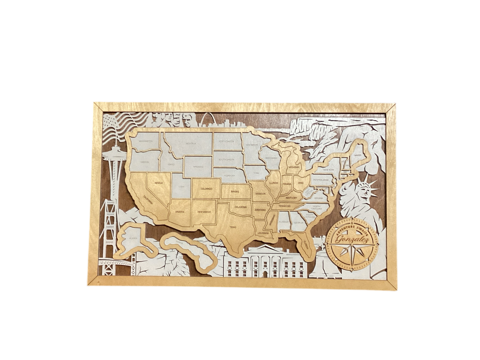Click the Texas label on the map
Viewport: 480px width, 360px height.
pyautogui.click(x=233, y=227)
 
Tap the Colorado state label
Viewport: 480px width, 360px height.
pyautogui.click(x=206, y=189)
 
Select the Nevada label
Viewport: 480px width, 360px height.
pyautogui.click(x=158, y=182)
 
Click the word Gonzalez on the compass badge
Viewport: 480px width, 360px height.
pyautogui.click(x=352, y=240)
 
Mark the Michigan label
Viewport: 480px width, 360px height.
pyautogui.click(x=294, y=168)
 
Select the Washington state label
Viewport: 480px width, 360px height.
pyautogui.click(x=145, y=141)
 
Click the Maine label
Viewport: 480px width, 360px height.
pyautogui.click(x=358, y=155)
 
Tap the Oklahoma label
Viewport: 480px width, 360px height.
pyautogui.click(x=240, y=207)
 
